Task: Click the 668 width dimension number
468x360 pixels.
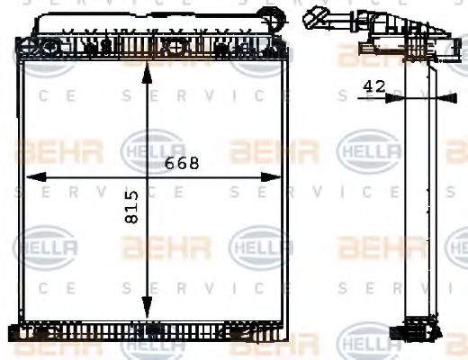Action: click(180, 163)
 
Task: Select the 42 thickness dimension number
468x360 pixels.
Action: click(373, 87)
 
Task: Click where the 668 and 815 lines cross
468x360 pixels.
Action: click(145, 176)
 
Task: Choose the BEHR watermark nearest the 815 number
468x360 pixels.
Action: click(180, 245)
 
